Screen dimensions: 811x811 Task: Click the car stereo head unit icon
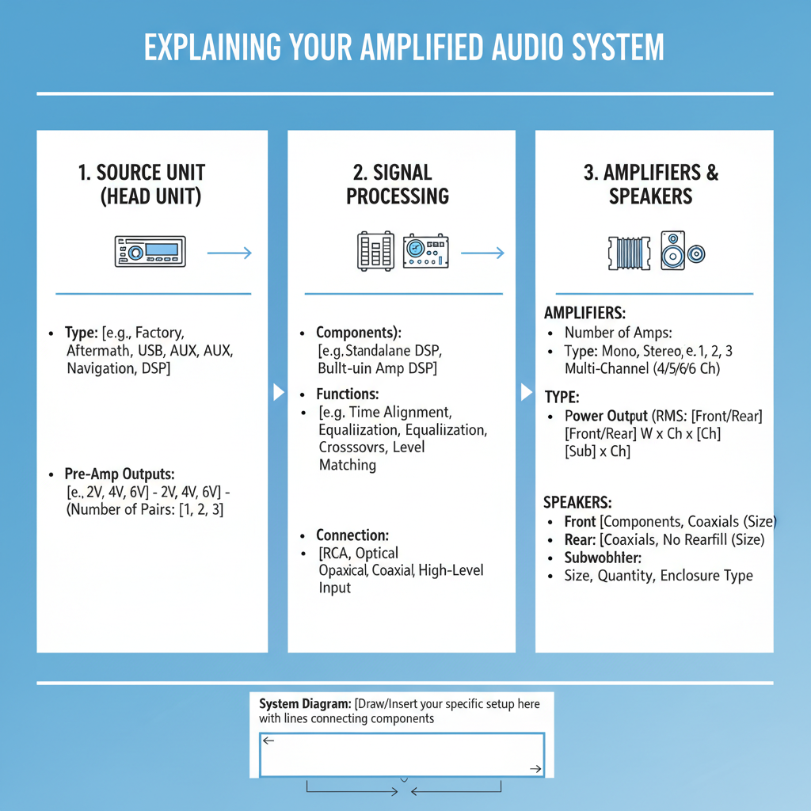point(150,253)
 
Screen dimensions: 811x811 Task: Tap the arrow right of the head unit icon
point(229,253)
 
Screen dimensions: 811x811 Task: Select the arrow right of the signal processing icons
point(482,253)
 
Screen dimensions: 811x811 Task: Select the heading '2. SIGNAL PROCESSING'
point(398,185)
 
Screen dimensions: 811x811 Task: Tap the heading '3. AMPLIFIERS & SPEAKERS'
point(651,185)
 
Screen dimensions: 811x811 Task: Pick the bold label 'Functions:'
point(348,394)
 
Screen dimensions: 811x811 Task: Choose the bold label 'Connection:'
point(352,535)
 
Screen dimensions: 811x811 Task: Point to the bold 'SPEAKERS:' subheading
point(578,502)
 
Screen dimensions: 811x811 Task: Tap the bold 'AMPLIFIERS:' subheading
point(585,314)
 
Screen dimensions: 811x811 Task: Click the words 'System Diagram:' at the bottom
point(305,703)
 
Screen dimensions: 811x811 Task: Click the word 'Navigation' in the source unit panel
point(101,368)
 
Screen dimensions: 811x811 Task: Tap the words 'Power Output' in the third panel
point(606,416)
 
